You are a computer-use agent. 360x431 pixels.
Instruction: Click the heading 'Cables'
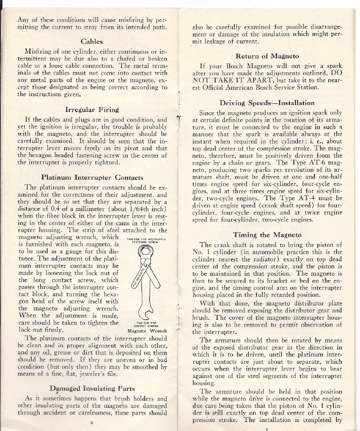pyautogui.click(x=91, y=42)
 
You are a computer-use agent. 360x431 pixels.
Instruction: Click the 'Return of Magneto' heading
pyautogui.click(x=267, y=56)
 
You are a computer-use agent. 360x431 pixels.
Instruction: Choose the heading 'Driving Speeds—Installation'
pyautogui.click(x=267, y=103)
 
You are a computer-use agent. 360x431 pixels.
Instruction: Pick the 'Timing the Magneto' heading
pyautogui.click(x=267, y=235)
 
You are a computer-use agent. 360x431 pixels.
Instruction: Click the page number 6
pyautogui.click(x=92, y=422)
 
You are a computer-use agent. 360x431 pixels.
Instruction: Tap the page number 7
pyautogui.click(x=267, y=429)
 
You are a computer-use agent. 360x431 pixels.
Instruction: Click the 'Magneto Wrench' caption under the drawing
pyautogui.click(x=148, y=331)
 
